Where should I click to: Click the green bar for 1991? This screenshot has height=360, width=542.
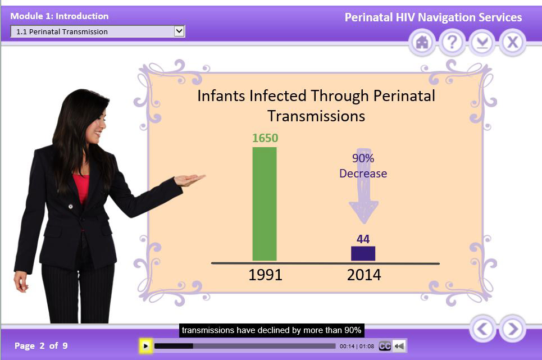click(265, 204)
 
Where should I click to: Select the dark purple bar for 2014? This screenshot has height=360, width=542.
click(363, 254)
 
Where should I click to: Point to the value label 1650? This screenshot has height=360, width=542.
click(265, 138)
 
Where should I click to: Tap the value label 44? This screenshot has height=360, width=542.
click(363, 239)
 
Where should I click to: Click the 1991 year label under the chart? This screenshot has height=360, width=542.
click(266, 275)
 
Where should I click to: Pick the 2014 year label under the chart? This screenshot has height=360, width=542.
click(364, 275)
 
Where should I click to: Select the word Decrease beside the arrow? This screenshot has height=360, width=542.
click(363, 174)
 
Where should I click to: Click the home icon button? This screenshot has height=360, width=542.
click(422, 43)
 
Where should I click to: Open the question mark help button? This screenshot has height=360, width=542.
click(452, 43)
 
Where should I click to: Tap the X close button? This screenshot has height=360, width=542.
click(512, 43)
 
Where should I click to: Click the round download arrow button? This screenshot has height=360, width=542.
click(482, 43)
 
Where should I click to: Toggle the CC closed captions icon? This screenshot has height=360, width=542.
click(385, 346)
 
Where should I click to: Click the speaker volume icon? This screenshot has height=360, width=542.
click(399, 346)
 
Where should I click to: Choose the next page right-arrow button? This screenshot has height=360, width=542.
click(513, 329)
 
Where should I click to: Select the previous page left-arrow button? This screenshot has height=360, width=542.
click(482, 329)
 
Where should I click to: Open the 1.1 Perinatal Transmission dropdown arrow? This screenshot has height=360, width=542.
click(179, 31)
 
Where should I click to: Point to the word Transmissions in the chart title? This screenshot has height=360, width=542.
click(316, 116)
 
